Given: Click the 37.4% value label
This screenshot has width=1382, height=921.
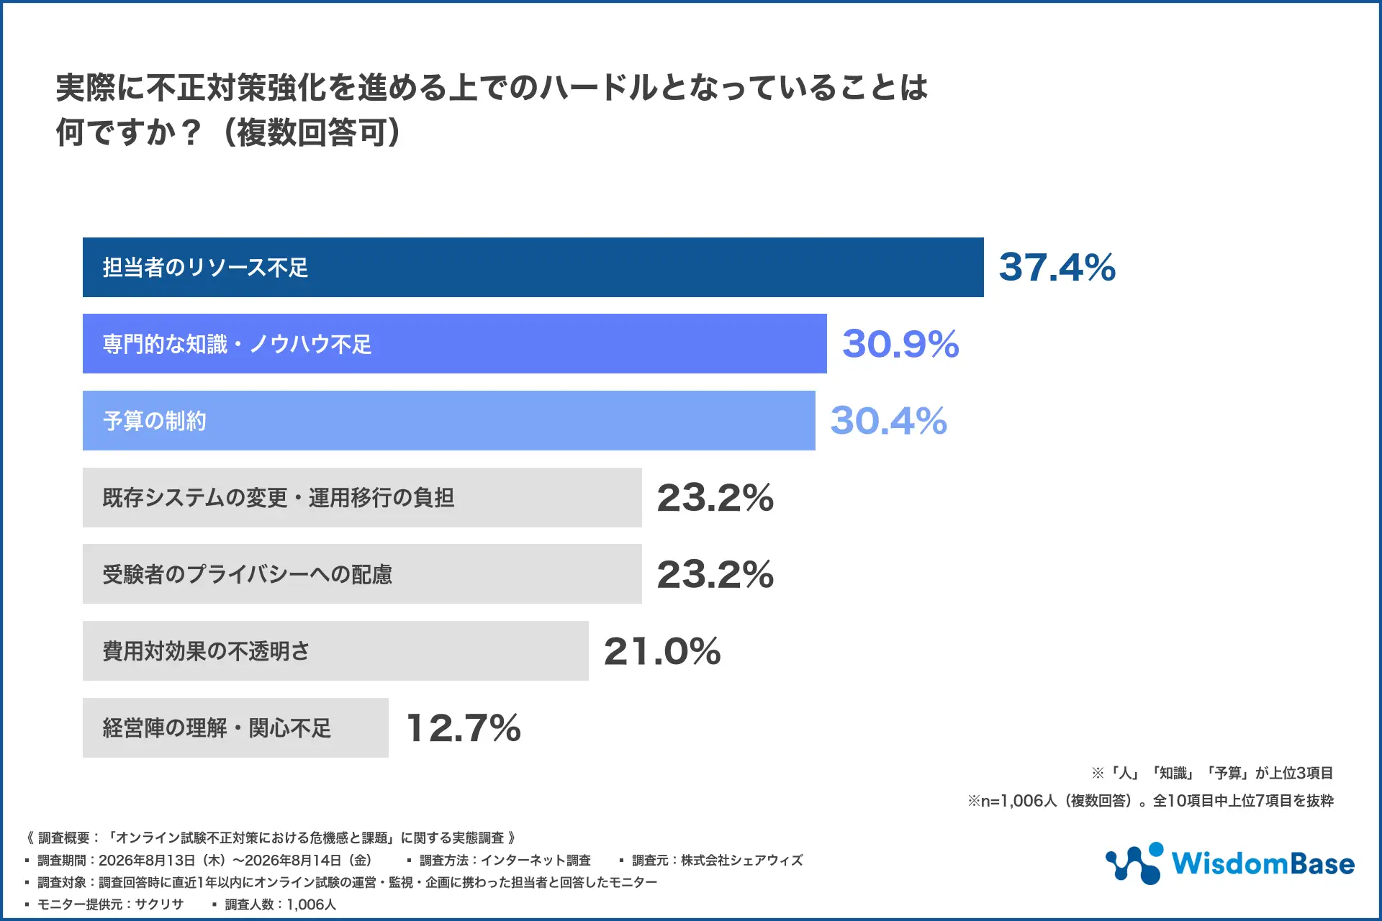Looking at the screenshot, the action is click(1057, 267).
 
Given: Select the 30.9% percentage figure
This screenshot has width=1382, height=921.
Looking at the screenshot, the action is click(900, 344).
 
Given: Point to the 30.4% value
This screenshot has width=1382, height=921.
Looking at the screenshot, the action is click(889, 421).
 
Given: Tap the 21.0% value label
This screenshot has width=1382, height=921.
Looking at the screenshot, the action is click(662, 651).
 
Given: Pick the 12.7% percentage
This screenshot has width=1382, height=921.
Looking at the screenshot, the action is click(464, 727).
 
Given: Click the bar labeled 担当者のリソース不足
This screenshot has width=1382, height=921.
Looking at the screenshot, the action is click(533, 267).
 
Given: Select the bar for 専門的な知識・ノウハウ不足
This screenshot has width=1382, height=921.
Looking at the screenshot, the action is click(455, 344).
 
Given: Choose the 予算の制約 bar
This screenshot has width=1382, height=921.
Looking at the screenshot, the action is click(449, 421).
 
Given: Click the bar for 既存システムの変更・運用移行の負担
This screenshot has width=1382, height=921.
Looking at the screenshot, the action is click(362, 497).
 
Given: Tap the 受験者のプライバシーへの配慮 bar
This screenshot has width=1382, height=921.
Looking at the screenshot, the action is click(362, 574).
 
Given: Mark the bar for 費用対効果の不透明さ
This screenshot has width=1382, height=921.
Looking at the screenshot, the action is click(335, 651).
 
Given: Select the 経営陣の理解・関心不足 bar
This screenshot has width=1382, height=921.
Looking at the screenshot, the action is click(235, 727).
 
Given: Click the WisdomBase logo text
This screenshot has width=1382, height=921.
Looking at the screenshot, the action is click(1263, 863).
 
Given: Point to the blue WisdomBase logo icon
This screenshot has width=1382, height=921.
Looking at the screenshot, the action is click(1134, 863).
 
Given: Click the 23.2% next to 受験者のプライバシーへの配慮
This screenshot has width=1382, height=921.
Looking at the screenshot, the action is click(715, 574).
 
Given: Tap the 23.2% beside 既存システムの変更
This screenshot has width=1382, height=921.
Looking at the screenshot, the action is click(715, 497).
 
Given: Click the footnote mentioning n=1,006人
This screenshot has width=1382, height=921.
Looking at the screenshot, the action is click(1150, 801).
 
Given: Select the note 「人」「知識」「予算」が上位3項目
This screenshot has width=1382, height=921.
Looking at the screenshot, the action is click(1212, 773).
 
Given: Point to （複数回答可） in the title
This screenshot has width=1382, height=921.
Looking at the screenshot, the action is click(311, 132).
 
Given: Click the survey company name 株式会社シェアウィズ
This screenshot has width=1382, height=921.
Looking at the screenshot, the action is click(741, 861).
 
